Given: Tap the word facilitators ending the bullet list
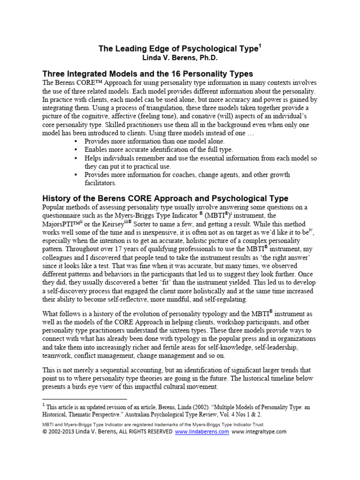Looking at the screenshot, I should pos(100,183).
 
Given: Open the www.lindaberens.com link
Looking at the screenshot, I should pos(202,432).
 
